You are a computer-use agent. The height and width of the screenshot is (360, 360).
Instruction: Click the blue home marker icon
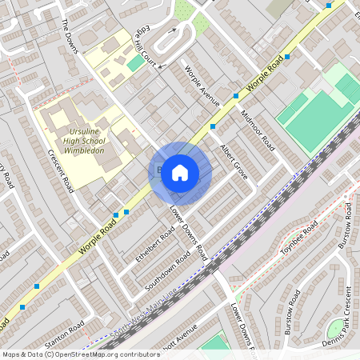pos(180,173)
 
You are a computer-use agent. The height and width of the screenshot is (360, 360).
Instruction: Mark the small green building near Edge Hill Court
pos(136,62)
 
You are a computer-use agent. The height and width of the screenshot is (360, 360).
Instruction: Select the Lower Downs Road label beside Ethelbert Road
pos(189,233)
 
